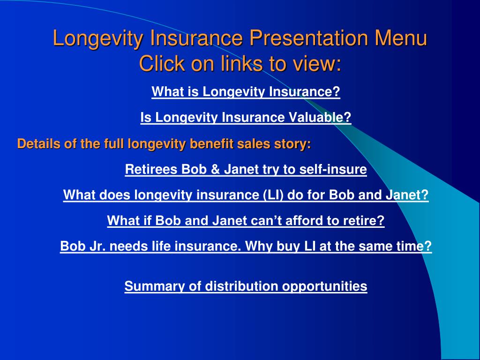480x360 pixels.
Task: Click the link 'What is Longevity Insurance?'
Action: [x=246, y=92]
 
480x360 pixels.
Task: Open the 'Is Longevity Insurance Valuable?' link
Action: [x=246, y=117]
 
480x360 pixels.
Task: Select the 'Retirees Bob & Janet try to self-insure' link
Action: [x=246, y=169]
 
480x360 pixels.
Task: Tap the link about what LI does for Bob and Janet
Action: [x=246, y=195]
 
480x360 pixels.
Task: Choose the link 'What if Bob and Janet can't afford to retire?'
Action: [x=246, y=220]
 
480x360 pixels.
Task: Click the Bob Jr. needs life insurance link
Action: [x=246, y=246]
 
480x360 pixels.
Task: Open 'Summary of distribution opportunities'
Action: [x=246, y=286]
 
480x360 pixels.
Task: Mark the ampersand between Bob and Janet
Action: [x=215, y=169]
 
